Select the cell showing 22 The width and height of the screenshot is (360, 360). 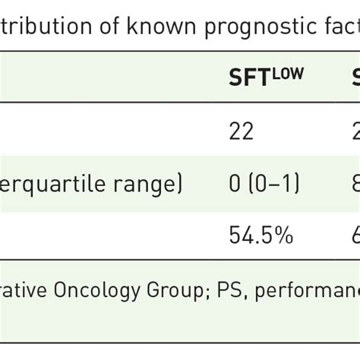tap(242, 133)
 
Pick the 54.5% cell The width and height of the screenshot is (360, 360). tap(261, 236)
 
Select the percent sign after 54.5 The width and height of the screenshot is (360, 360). tap(285, 236)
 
